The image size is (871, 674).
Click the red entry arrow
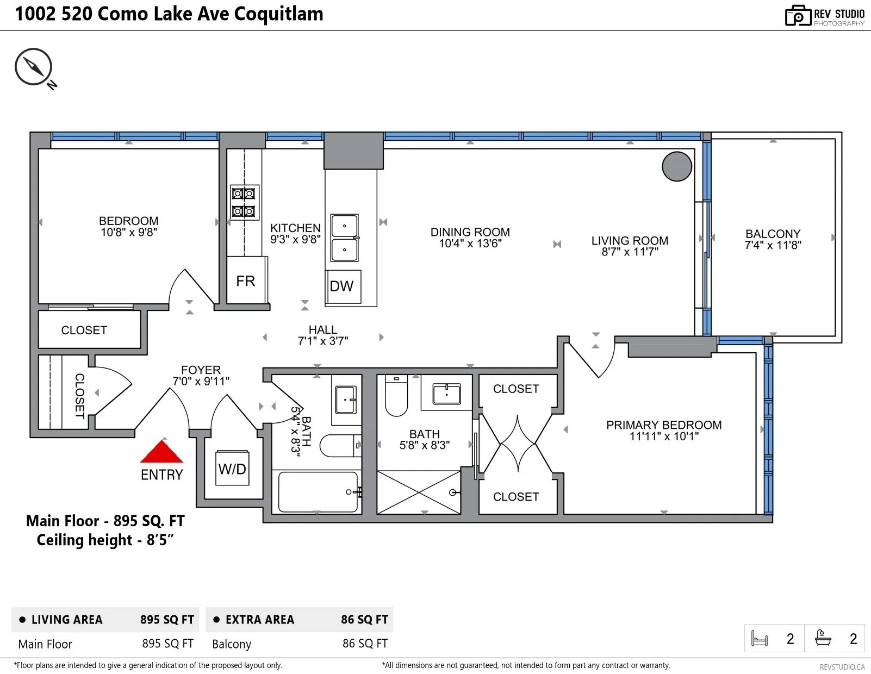click(x=161, y=452)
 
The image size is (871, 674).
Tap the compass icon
click(x=34, y=67)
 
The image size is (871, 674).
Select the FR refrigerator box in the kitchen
click(x=246, y=280)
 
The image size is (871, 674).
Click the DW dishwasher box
click(x=343, y=286)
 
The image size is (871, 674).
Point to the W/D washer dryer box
click(x=232, y=468)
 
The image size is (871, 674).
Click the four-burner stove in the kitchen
click(x=244, y=202)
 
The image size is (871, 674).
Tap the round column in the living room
click(x=676, y=166)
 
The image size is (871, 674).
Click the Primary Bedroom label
click(x=664, y=425)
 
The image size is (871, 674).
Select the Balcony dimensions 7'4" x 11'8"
click(x=773, y=245)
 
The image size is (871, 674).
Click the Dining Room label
click(x=470, y=232)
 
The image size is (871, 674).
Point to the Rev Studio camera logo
click(x=798, y=16)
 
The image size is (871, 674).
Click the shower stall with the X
click(x=419, y=492)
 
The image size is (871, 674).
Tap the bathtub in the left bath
click(x=318, y=492)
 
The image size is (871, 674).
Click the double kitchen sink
click(x=344, y=238)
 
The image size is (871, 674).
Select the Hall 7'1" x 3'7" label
click(x=322, y=335)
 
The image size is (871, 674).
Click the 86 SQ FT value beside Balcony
click(x=365, y=643)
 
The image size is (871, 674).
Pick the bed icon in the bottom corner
click(x=759, y=639)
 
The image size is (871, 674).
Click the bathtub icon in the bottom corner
click(x=823, y=638)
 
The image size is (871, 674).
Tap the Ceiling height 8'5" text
click(x=105, y=540)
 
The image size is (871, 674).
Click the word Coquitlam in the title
click(x=278, y=14)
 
